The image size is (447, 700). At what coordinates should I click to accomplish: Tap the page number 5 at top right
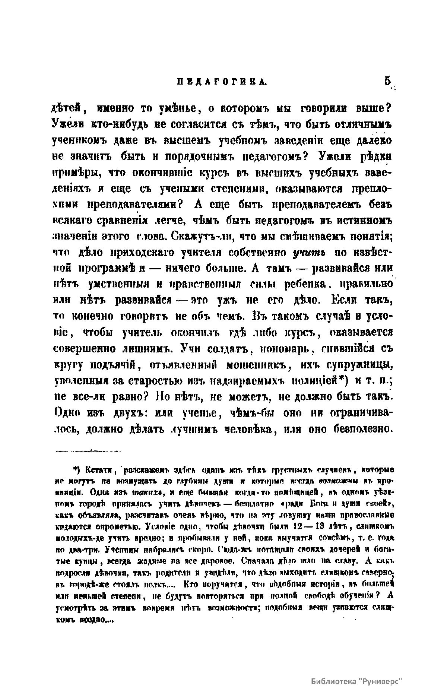tap(388, 81)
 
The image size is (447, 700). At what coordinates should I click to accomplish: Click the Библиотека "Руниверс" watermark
tap(357, 680)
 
